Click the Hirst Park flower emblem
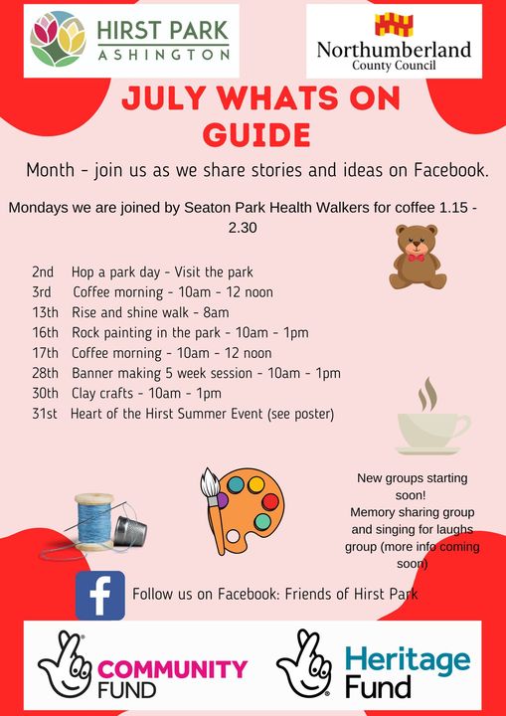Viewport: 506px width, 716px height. (58, 39)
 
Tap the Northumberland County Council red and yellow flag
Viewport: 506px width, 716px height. (394, 25)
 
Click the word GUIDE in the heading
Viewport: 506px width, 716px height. (256, 134)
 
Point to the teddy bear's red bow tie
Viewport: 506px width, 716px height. (417, 258)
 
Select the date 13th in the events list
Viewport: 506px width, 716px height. (45, 312)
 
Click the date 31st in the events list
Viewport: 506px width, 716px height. (45, 414)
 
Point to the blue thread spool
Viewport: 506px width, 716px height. (94, 521)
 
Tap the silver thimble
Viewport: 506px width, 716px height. (129, 531)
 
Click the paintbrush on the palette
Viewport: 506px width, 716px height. (214, 508)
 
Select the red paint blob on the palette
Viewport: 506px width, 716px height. (270, 502)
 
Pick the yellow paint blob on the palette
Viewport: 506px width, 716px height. (256, 485)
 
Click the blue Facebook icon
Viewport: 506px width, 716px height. (100, 595)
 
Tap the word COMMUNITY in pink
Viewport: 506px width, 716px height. (173, 669)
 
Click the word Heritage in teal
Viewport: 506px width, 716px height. (408, 660)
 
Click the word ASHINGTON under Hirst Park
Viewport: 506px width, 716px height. (163, 56)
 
